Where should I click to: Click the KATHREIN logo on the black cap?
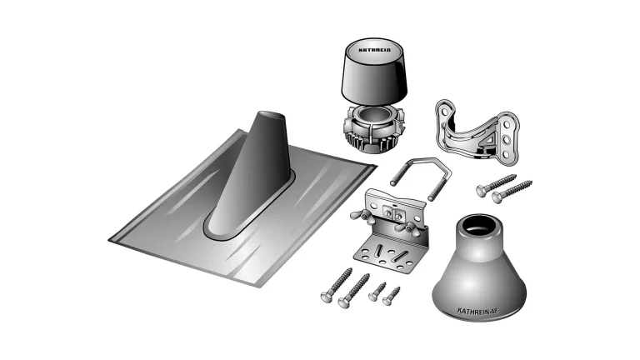[374, 50]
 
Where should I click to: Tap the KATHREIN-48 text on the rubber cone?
[477, 311]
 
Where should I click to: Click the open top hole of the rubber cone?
[480, 226]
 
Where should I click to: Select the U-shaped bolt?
[420, 177]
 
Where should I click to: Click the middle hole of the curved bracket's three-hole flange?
[507, 140]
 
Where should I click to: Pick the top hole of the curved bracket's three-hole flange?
[506, 123]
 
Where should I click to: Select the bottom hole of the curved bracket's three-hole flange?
[507, 156]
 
